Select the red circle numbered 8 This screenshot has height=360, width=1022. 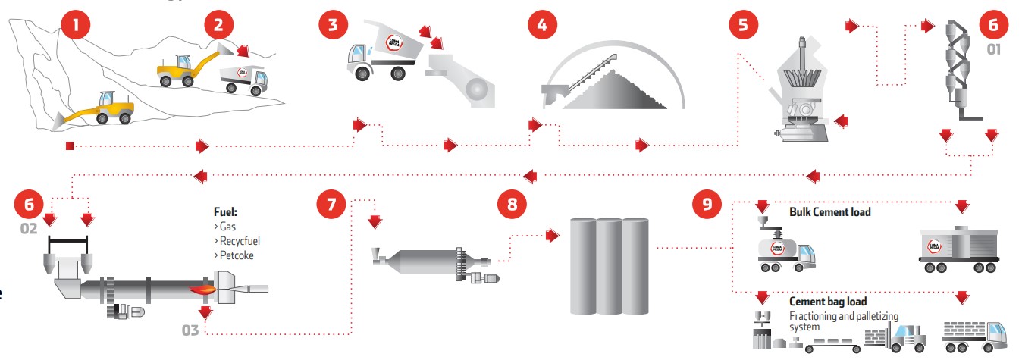pos(511,204)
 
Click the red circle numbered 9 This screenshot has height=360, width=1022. pos(707,204)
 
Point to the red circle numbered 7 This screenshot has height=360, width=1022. pos(331,204)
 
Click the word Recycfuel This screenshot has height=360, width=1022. pos(241,241)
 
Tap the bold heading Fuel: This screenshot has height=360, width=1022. pos(227,213)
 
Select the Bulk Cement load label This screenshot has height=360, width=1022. pos(830,212)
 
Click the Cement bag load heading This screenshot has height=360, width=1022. pos(828,302)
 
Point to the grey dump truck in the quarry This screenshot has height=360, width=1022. pos(243,79)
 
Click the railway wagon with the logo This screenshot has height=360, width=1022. pos(958,246)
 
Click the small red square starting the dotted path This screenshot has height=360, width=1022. pos(70,145)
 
